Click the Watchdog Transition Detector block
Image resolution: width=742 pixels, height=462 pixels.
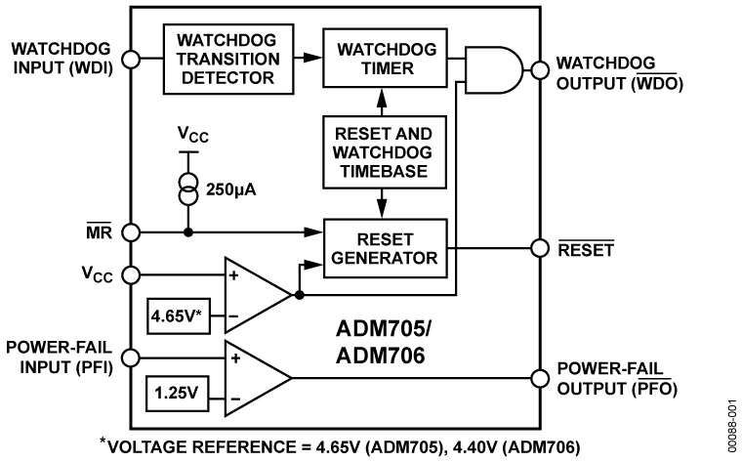coord(228,59)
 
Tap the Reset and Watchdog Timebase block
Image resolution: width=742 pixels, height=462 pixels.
coord(383,151)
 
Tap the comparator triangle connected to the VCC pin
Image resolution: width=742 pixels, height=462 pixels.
coord(256,294)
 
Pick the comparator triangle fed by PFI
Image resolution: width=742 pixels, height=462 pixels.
coord(256,376)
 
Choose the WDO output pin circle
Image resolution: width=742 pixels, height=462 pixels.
coord(536,68)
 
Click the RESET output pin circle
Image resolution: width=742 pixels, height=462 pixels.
coord(536,248)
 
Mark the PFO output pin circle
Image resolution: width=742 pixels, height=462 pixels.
coord(536,376)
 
